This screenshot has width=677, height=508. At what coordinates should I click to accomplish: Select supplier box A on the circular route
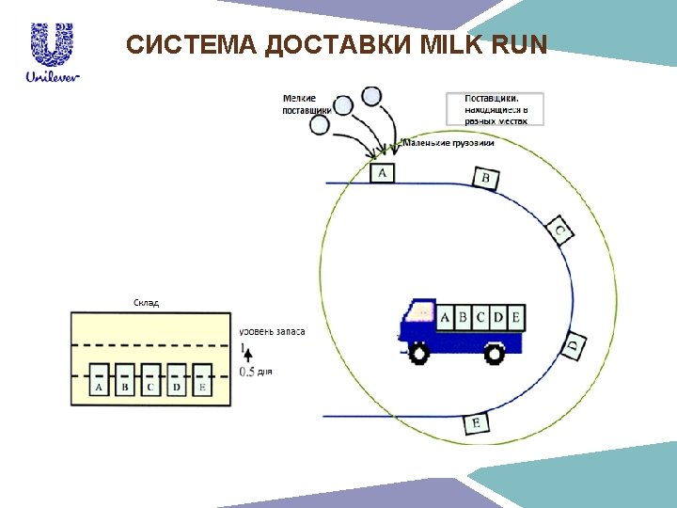[382, 172]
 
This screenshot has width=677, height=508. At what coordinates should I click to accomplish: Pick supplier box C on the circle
[560, 230]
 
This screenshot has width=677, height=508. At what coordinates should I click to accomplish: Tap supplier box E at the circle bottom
[477, 423]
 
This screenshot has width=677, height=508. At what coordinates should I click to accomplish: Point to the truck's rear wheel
[494, 352]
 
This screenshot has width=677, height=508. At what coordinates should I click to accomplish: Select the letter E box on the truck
[514, 318]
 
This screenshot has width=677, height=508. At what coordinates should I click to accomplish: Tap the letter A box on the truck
[445, 318]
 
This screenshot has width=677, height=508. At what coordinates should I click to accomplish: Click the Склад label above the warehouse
[145, 303]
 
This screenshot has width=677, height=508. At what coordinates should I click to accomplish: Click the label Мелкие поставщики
[300, 103]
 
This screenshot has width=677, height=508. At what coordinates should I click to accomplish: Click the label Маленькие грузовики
[449, 143]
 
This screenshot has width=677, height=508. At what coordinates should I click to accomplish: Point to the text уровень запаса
[272, 331]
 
